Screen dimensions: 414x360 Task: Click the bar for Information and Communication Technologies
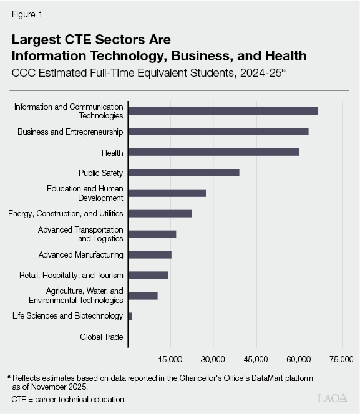point(222,111)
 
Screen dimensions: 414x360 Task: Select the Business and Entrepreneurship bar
point(218,132)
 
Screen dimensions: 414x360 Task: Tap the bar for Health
point(213,152)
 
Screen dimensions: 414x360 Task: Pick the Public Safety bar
point(183,173)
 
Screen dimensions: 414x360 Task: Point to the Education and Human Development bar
point(167,193)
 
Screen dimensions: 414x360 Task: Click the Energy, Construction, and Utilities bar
point(160,213)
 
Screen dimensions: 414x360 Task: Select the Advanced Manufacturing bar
point(150,254)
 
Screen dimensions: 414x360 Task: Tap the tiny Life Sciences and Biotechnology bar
point(130,316)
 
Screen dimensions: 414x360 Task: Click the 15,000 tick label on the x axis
point(170,359)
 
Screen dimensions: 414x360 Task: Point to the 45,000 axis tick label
point(256,359)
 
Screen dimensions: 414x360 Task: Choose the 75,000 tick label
point(341,359)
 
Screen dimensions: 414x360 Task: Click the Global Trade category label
point(101,337)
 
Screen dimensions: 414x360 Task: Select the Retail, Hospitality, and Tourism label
point(72,275)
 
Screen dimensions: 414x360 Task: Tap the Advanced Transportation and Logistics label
point(80,234)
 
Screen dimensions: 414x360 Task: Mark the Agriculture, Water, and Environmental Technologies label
point(85,296)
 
